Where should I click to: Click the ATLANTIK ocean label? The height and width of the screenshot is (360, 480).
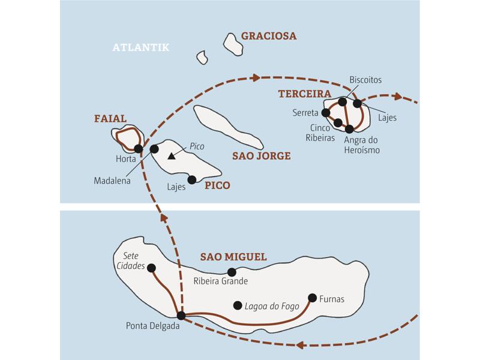click(x=141, y=47)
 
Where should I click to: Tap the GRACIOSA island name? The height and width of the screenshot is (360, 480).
click(x=269, y=36)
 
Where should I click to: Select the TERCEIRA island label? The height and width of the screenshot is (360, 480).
click(x=305, y=94)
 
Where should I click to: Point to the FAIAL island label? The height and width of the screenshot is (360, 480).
click(x=111, y=119)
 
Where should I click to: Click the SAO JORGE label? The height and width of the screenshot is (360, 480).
click(x=261, y=156)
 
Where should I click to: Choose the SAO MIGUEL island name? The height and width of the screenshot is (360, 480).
click(x=233, y=257)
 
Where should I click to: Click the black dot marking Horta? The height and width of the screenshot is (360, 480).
click(x=139, y=149)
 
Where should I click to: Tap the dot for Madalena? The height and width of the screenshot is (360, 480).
click(x=154, y=148)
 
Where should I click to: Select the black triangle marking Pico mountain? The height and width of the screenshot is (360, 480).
click(x=172, y=157)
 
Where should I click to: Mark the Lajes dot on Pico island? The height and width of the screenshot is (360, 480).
click(x=191, y=179)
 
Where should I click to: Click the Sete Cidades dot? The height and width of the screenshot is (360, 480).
click(x=151, y=268)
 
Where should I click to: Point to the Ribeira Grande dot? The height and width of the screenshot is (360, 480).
click(x=232, y=272)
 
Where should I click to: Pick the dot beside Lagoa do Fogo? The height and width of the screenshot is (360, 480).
click(x=238, y=304)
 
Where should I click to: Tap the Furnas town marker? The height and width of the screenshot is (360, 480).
click(x=312, y=297)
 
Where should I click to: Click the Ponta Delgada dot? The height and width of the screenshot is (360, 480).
click(x=181, y=315)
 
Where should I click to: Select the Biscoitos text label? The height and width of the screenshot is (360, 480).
click(x=365, y=80)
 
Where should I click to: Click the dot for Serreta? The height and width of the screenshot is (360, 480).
click(x=326, y=112)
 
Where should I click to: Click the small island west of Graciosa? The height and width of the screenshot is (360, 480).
click(x=202, y=58)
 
